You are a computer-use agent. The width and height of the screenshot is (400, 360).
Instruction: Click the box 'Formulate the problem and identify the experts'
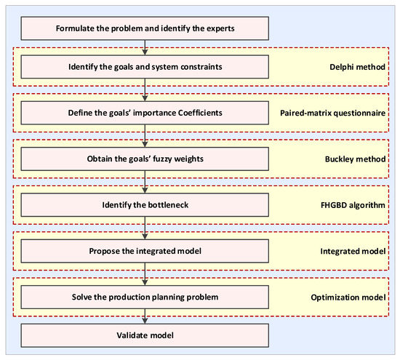coord(145,29)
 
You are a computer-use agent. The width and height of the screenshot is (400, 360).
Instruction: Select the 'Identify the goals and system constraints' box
coord(145,67)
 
